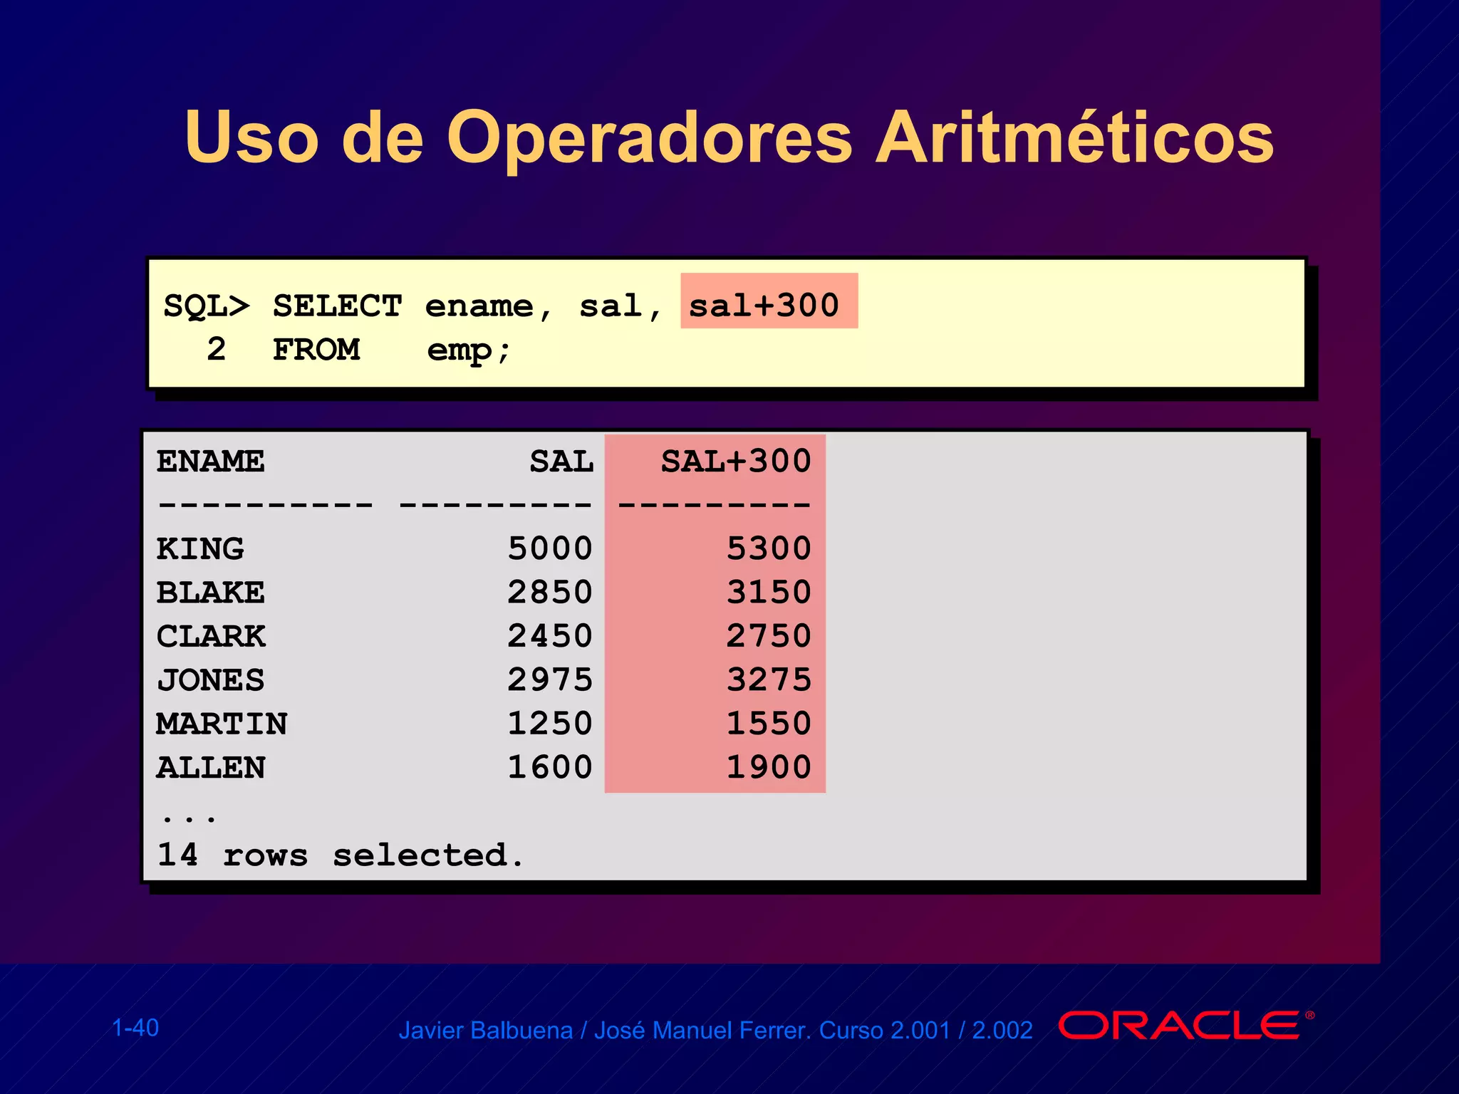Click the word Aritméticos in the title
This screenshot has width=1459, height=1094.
tap(1074, 137)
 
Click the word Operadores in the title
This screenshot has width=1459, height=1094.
tap(649, 137)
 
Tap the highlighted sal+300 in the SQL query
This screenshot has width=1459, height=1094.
tap(764, 305)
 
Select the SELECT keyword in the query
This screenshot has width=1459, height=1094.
tap(337, 306)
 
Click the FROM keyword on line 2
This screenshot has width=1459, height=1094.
tap(316, 350)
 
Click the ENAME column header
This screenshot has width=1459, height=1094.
tap(211, 462)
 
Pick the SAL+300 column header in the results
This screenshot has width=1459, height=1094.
tap(735, 462)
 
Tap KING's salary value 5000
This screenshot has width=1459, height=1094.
tap(549, 548)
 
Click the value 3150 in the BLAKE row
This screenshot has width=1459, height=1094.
tap(769, 592)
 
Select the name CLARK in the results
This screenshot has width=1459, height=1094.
tap(211, 636)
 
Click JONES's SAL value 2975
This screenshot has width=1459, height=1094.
tap(549, 679)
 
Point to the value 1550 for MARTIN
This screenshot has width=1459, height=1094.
tap(769, 723)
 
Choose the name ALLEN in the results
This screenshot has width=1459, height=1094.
tap(211, 768)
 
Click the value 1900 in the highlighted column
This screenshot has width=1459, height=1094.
tap(769, 767)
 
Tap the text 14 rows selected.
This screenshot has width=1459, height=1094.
tap(340, 855)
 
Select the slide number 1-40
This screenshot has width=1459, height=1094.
tap(135, 1028)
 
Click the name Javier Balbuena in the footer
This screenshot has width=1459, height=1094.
tap(485, 1031)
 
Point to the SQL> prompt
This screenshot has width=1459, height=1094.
tap(207, 306)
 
